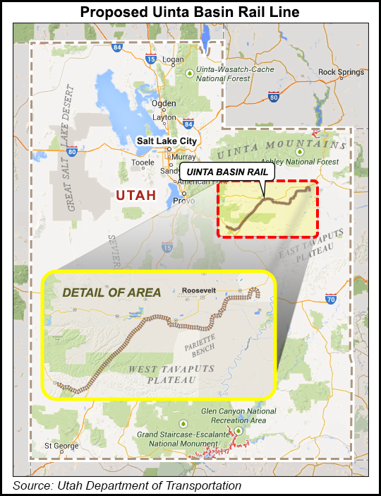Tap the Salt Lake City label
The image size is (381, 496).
pos(167,141)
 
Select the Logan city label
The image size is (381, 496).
pos(173,59)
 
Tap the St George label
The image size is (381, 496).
pos(59,446)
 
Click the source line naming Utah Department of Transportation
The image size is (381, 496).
pos(127,485)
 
